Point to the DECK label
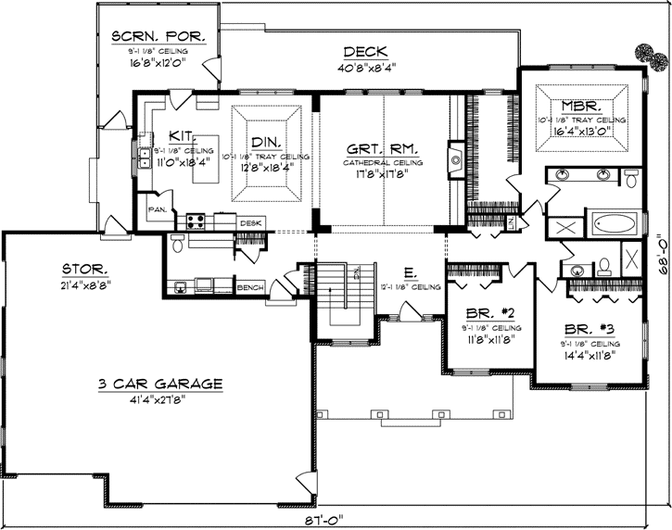click(365, 52)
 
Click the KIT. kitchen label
click(181, 135)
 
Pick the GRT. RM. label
click(382, 148)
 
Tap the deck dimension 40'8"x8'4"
click(365, 67)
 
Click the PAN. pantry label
click(157, 209)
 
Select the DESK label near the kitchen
click(250, 223)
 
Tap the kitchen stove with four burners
click(197, 221)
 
